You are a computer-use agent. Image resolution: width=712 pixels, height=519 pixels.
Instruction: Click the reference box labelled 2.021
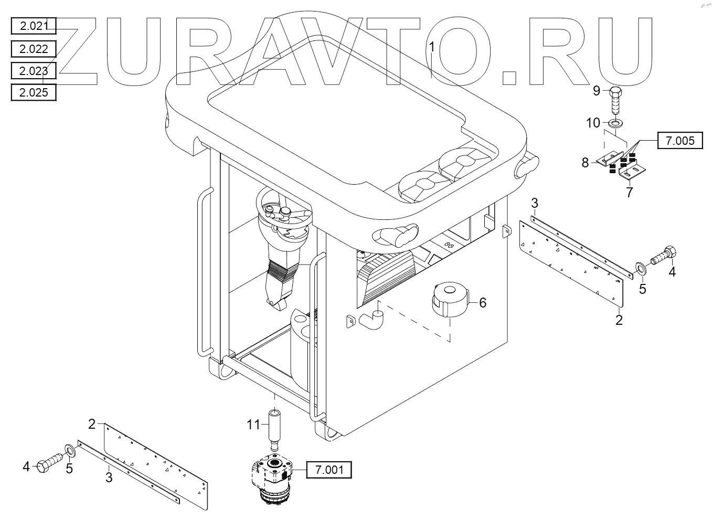point(33,26)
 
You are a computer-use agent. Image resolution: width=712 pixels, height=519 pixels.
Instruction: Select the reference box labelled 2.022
point(33,49)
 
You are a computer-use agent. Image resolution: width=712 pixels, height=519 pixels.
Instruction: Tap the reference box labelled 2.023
point(33,71)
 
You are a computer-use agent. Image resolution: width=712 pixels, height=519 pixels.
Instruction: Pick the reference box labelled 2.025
point(33,93)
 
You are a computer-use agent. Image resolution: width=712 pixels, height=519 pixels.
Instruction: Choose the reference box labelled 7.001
point(329,470)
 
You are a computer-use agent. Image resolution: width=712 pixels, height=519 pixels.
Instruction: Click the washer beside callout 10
point(613,123)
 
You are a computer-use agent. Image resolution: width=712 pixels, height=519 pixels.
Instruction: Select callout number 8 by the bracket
point(585,163)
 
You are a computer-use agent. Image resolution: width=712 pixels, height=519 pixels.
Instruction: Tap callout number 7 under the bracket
point(629,192)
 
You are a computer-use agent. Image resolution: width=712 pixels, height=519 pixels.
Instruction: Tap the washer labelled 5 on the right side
point(641,269)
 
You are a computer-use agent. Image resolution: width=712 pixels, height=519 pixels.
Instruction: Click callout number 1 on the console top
point(431,47)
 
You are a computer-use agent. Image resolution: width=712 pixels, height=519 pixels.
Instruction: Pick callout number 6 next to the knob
point(483,302)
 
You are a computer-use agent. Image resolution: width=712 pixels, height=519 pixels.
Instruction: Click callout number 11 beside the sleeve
point(254,424)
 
